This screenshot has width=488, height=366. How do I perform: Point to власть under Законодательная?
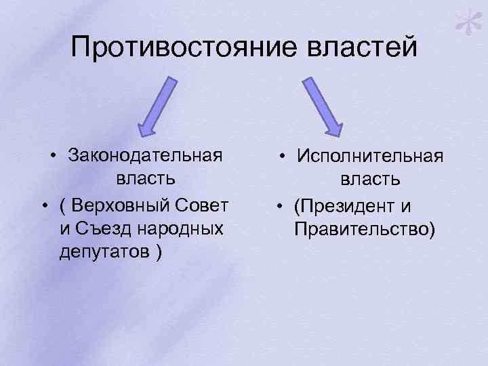pos(146,179)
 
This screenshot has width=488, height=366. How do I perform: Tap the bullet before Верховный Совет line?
pos(42,205)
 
